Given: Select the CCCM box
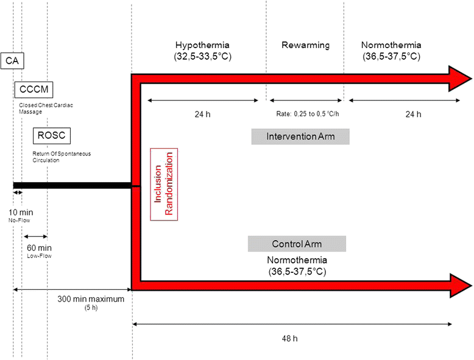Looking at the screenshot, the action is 33,91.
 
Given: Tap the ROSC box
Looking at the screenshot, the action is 52,135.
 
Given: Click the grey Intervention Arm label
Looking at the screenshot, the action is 300,136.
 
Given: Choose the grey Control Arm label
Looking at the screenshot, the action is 297,244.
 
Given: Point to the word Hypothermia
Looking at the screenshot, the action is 203,46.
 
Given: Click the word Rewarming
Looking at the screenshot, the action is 305,46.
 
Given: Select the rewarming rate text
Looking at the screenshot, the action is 305,114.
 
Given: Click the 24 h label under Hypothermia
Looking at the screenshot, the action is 202,114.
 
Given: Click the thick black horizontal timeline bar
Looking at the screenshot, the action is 72,185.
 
